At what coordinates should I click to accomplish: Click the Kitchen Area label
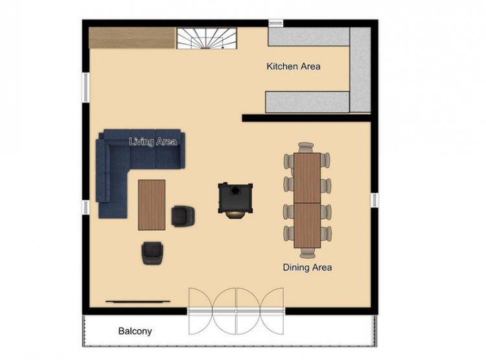point(293,66)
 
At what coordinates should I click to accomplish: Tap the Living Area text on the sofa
point(153,142)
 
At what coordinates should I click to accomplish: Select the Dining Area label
point(307,267)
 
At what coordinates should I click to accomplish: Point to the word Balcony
point(135,331)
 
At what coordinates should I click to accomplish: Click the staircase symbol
point(207,38)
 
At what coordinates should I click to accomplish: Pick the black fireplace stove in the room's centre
point(235,199)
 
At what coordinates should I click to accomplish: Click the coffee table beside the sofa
point(152,205)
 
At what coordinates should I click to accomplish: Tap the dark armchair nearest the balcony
point(152,253)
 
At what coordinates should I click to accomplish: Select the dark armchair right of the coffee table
point(183,216)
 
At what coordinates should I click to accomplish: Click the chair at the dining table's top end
point(307,147)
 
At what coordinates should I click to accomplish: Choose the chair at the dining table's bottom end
point(308,253)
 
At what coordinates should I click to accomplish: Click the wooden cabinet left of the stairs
point(132,38)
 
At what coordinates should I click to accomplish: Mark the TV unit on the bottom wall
point(138,302)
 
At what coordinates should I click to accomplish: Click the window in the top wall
point(275,23)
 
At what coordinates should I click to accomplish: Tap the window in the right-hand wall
point(375,200)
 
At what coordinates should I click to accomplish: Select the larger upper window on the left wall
point(86,87)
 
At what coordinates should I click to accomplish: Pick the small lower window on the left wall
point(86,207)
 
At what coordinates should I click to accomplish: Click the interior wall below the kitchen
point(307,118)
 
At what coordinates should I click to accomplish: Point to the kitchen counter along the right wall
point(360,69)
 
